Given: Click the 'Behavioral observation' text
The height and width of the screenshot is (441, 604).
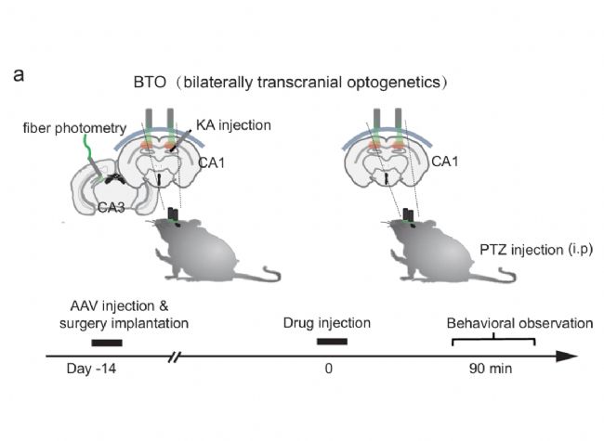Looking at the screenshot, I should point(519,323).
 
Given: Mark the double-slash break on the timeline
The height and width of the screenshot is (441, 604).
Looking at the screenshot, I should point(174,356).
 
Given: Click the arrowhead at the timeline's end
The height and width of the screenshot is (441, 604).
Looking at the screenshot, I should point(569,356).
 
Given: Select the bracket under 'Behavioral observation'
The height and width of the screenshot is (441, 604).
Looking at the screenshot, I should point(492,341).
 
